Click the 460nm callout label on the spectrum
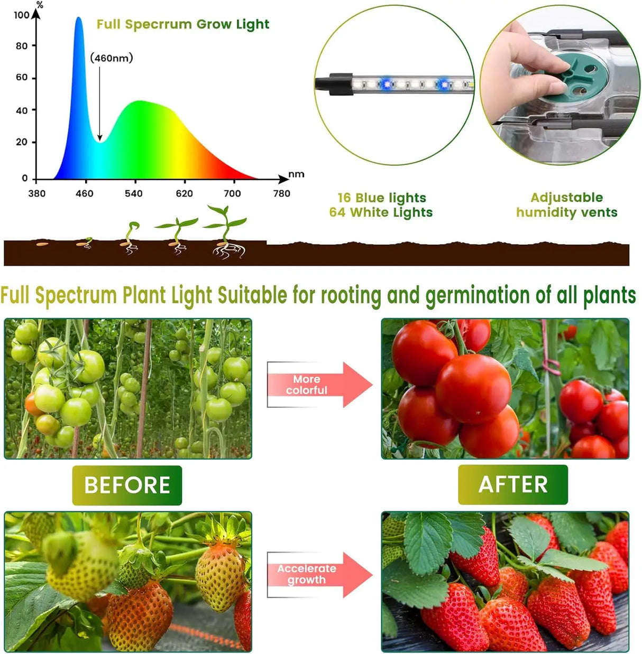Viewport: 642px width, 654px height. click(112, 58)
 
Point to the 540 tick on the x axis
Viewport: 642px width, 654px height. click(134, 193)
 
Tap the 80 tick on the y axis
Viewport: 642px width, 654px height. click(22, 46)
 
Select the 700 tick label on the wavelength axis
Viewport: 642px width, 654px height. click(232, 193)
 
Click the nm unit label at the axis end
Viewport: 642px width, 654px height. click(296, 174)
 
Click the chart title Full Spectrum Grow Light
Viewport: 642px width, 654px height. click(182, 24)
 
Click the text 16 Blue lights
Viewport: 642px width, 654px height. click(381, 198)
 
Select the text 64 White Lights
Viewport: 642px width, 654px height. click(381, 212)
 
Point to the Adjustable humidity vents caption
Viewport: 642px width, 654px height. click(566, 205)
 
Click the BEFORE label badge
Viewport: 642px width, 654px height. click(127, 485)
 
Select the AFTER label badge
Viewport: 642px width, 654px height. click(513, 484)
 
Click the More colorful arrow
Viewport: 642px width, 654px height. click(317, 385)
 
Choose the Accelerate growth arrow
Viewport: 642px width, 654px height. click(317, 574)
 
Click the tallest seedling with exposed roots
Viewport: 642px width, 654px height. click(226, 232)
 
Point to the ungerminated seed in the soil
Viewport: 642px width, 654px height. click(42, 244)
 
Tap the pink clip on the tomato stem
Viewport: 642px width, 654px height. click(552, 364)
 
